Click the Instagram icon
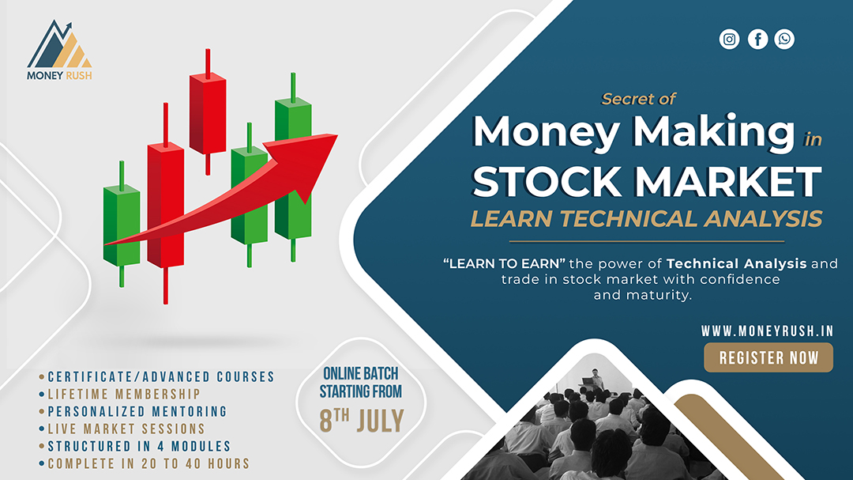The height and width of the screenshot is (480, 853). click(x=729, y=40)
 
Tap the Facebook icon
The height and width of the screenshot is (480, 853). click(x=757, y=40)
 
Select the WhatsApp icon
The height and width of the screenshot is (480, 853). click(x=784, y=40)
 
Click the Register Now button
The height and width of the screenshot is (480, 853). click(x=768, y=357)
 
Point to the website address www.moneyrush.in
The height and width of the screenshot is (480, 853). click(x=767, y=331)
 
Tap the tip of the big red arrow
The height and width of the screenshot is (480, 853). click(x=337, y=135)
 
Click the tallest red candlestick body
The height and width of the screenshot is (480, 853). click(x=165, y=205)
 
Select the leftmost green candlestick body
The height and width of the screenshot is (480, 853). click(x=122, y=225)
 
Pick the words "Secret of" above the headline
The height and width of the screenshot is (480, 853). click(x=638, y=99)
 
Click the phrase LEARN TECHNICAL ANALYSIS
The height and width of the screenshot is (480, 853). click(x=646, y=218)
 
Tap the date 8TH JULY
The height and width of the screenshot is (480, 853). click(x=361, y=421)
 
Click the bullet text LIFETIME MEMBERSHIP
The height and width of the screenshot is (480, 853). click(x=124, y=394)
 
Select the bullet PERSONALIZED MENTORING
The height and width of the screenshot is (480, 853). click(x=137, y=411)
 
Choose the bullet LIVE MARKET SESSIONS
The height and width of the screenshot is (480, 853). click(x=126, y=429)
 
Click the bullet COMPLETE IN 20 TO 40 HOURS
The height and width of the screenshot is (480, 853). click(x=148, y=463)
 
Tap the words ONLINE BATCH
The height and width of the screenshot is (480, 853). click(x=361, y=374)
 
